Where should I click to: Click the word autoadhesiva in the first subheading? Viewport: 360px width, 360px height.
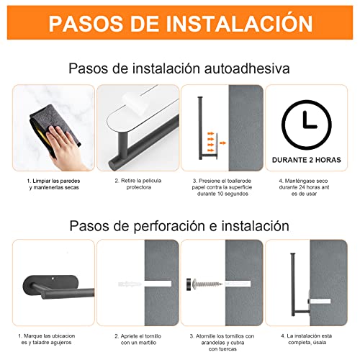pyautogui.click(x=247, y=68)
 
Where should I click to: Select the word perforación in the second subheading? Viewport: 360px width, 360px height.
pyautogui.click(x=169, y=226)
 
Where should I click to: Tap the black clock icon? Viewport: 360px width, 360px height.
pyautogui.click(x=307, y=125)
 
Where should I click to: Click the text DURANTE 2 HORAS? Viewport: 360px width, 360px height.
pyautogui.click(x=307, y=160)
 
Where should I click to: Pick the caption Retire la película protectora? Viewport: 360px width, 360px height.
pyautogui.click(x=138, y=184)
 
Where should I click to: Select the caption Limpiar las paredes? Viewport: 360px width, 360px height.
pyautogui.click(x=54, y=181)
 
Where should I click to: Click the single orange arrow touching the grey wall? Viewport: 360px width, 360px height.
pyautogui.click(x=223, y=143)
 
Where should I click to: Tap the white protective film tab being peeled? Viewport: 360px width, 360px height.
pyautogui.click(x=134, y=103)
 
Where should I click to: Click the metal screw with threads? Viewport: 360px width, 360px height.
pyautogui.click(x=207, y=284)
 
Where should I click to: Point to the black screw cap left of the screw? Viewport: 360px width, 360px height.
pyautogui.click(x=189, y=284)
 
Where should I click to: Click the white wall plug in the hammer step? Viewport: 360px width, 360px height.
pyautogui.click(x=130, y=284)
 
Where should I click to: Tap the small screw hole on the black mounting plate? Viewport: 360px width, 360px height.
pyautogui.click(x=53, y=279)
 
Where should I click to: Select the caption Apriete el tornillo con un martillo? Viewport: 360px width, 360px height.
pyautogui.click(x=138, y=339)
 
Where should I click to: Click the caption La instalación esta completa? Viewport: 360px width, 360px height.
pyautogui.click(x=307, y=339)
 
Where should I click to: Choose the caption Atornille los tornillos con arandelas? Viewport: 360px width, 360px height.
pyautogui.click(x=222, y=339)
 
